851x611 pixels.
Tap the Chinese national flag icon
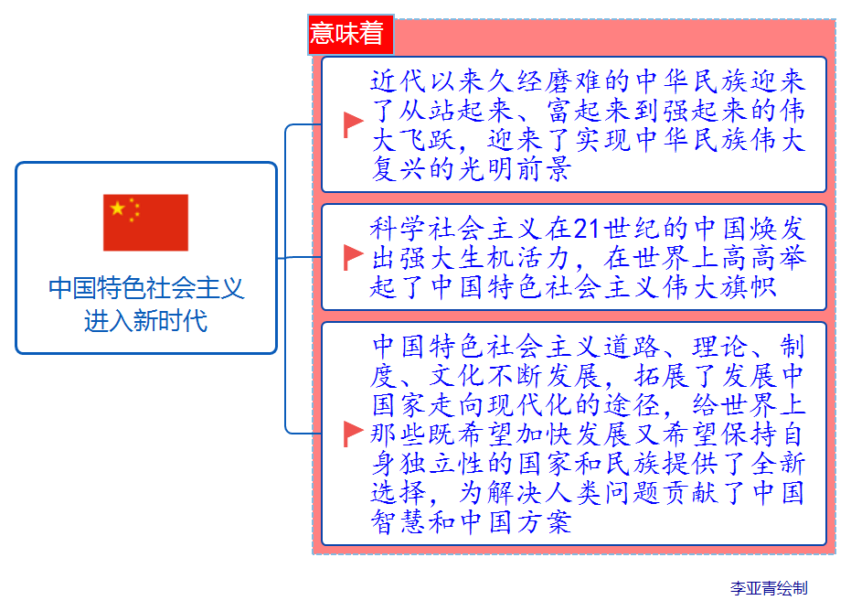(x=145, y=222)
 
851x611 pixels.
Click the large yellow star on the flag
(x=118, y=209)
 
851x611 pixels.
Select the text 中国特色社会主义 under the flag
(x=146, y=289)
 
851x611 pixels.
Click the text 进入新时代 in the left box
(x=146, y=321)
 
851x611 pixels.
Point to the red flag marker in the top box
(x=353, y=123)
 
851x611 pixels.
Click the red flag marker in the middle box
(x=353, y=257)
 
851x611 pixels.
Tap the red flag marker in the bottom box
(x=353, y=434)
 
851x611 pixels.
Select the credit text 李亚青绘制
(x=769, y=588)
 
